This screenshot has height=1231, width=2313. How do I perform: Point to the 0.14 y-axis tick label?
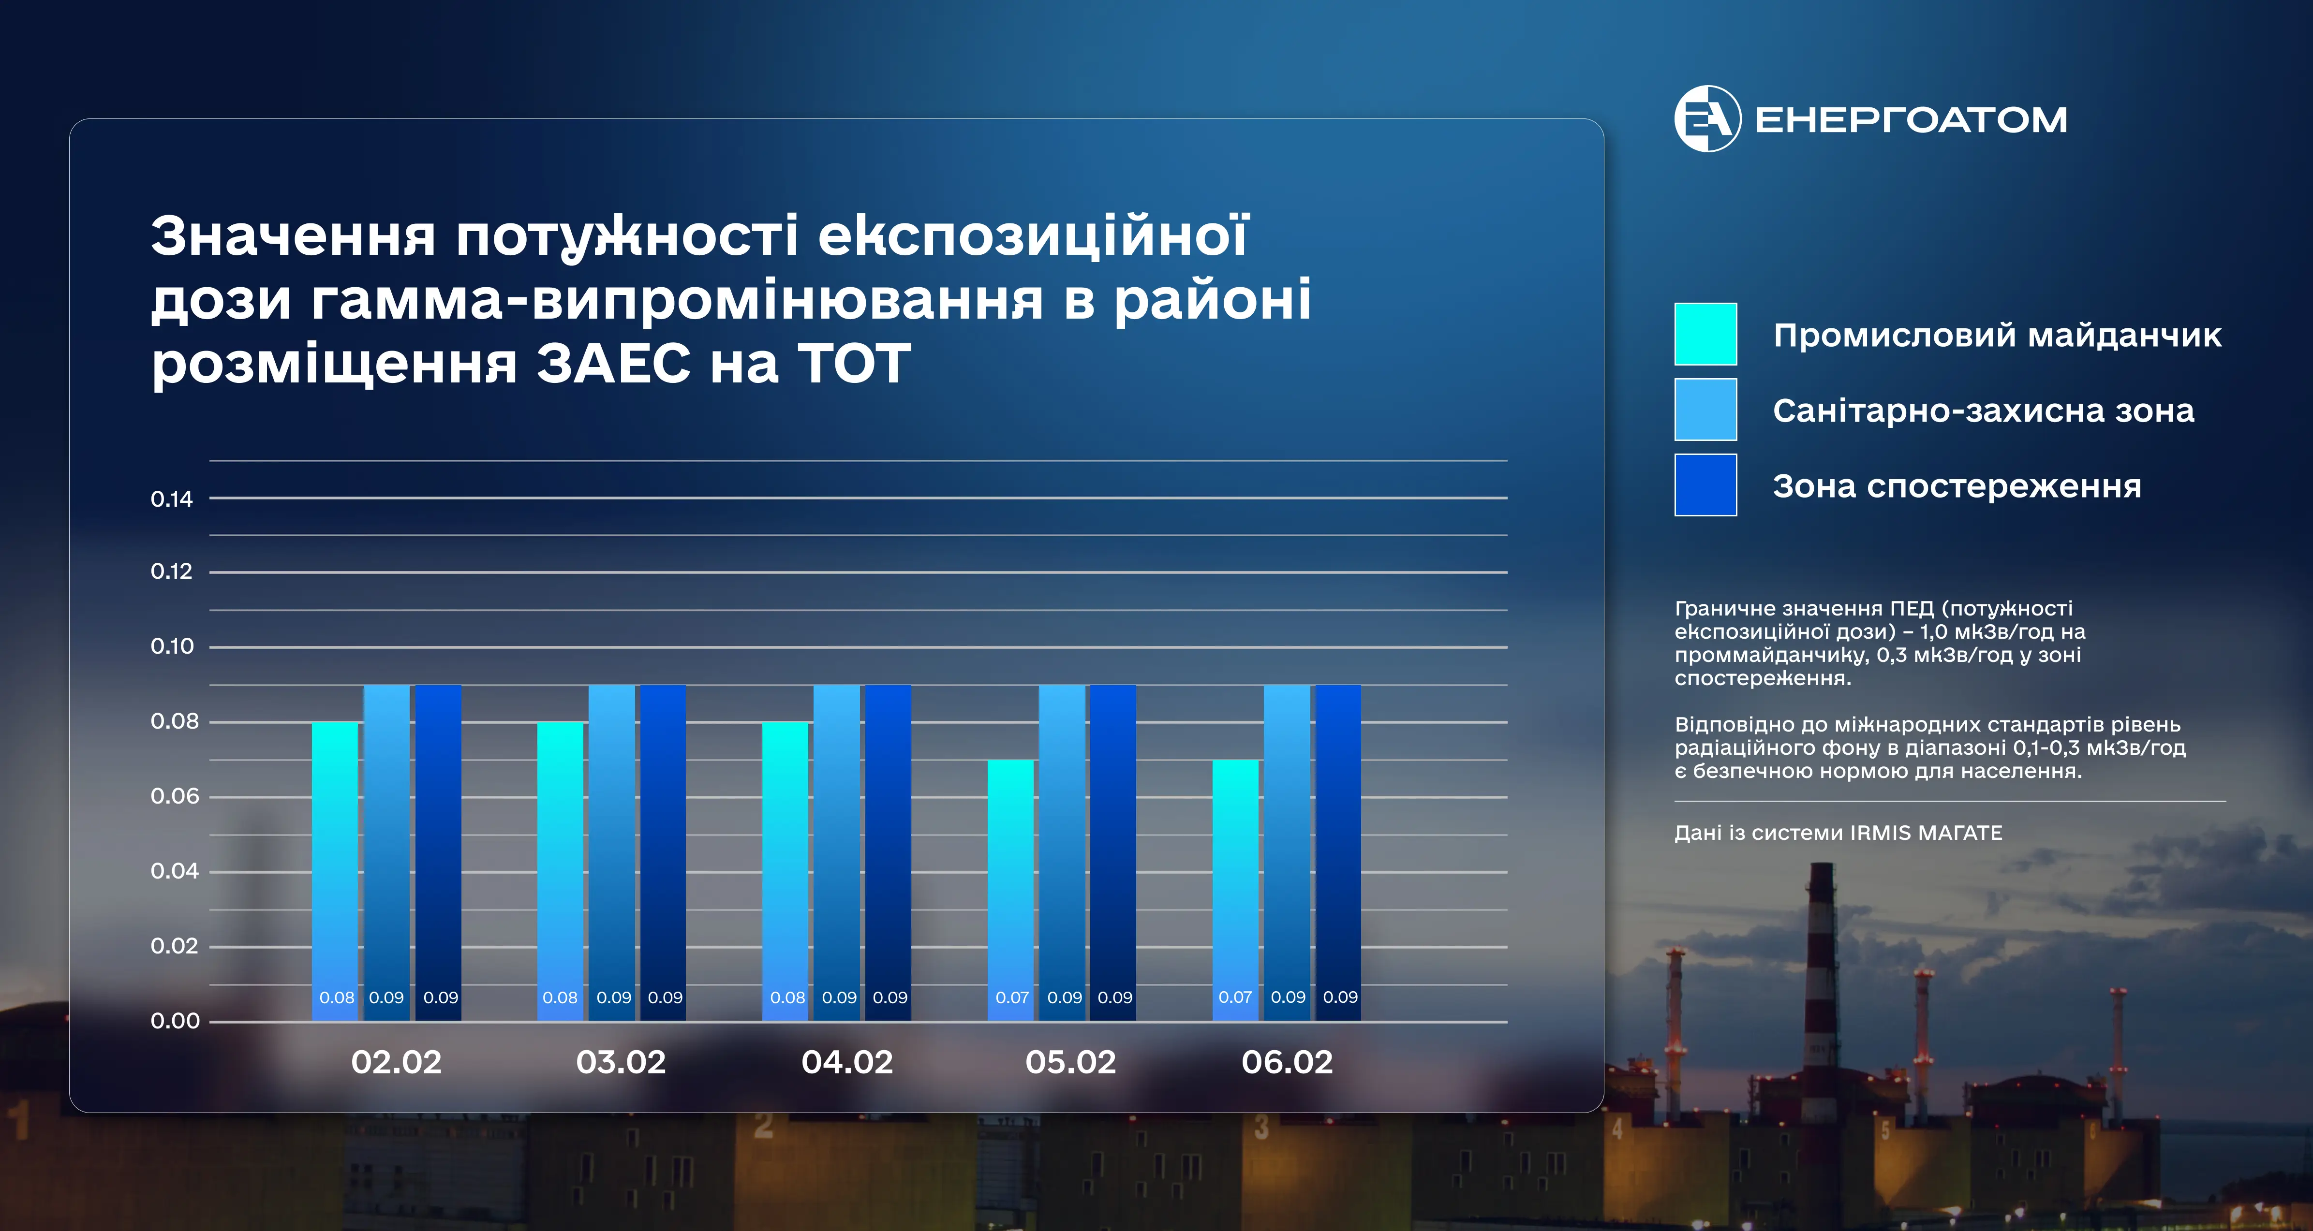tap(172, 499)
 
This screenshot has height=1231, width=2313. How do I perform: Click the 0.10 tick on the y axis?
tap(172, 646)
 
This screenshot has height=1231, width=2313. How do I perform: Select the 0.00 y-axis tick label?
tap(175, 1021)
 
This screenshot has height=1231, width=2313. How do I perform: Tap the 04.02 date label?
tap(847, 1062)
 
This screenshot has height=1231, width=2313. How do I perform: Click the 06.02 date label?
tap(1287, 1062)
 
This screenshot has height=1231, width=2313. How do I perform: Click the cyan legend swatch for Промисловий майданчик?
tap(1705, 334)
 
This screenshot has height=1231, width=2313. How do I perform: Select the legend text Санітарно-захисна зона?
tap(1984, 410)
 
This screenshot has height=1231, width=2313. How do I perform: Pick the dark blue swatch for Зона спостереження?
tap(1705, 485)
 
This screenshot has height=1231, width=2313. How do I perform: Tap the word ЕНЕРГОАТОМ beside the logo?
tap(1911, 119)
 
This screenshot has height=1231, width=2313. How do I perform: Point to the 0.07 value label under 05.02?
tap(1012, 997)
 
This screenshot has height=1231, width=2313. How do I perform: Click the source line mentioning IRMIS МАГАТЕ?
tap(1838, 833)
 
